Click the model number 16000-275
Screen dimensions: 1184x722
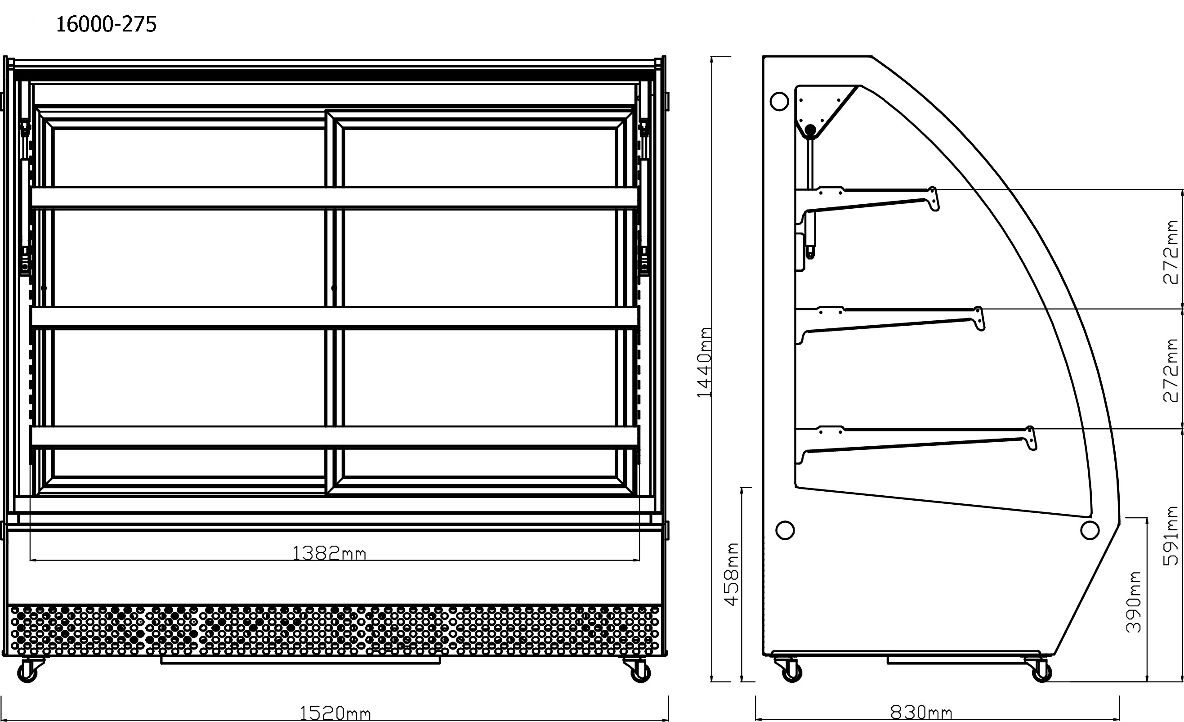(106, 24)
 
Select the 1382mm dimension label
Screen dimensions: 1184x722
(329, 553)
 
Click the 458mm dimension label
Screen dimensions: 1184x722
(731, 574)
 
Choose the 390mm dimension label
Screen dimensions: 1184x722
(1134, 601)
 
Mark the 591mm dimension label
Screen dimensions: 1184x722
(1171, 535)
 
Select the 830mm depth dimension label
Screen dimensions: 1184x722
(921, 713)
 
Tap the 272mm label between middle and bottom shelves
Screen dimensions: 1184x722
(1171, 370)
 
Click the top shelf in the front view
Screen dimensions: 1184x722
(335, 198)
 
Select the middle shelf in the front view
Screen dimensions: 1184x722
(335, 318)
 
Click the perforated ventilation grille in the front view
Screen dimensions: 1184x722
(335, 630)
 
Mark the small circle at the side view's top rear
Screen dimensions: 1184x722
(779, 101)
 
